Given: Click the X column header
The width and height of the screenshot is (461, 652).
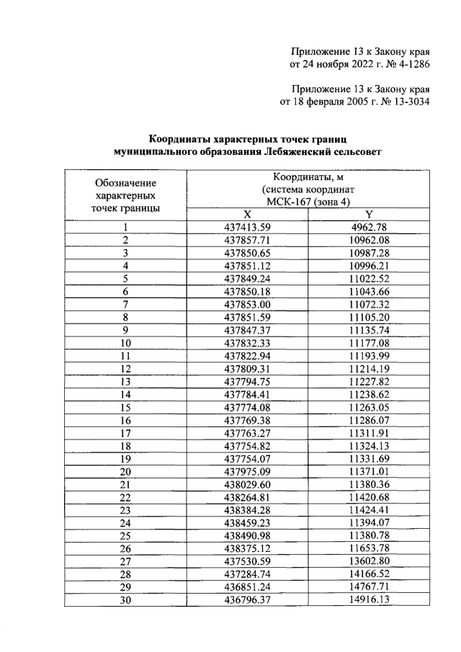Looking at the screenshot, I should point(247,215).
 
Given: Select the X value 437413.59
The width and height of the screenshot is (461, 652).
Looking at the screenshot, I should point(247,228).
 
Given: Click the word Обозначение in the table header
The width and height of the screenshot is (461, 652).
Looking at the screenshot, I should point(126,183).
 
